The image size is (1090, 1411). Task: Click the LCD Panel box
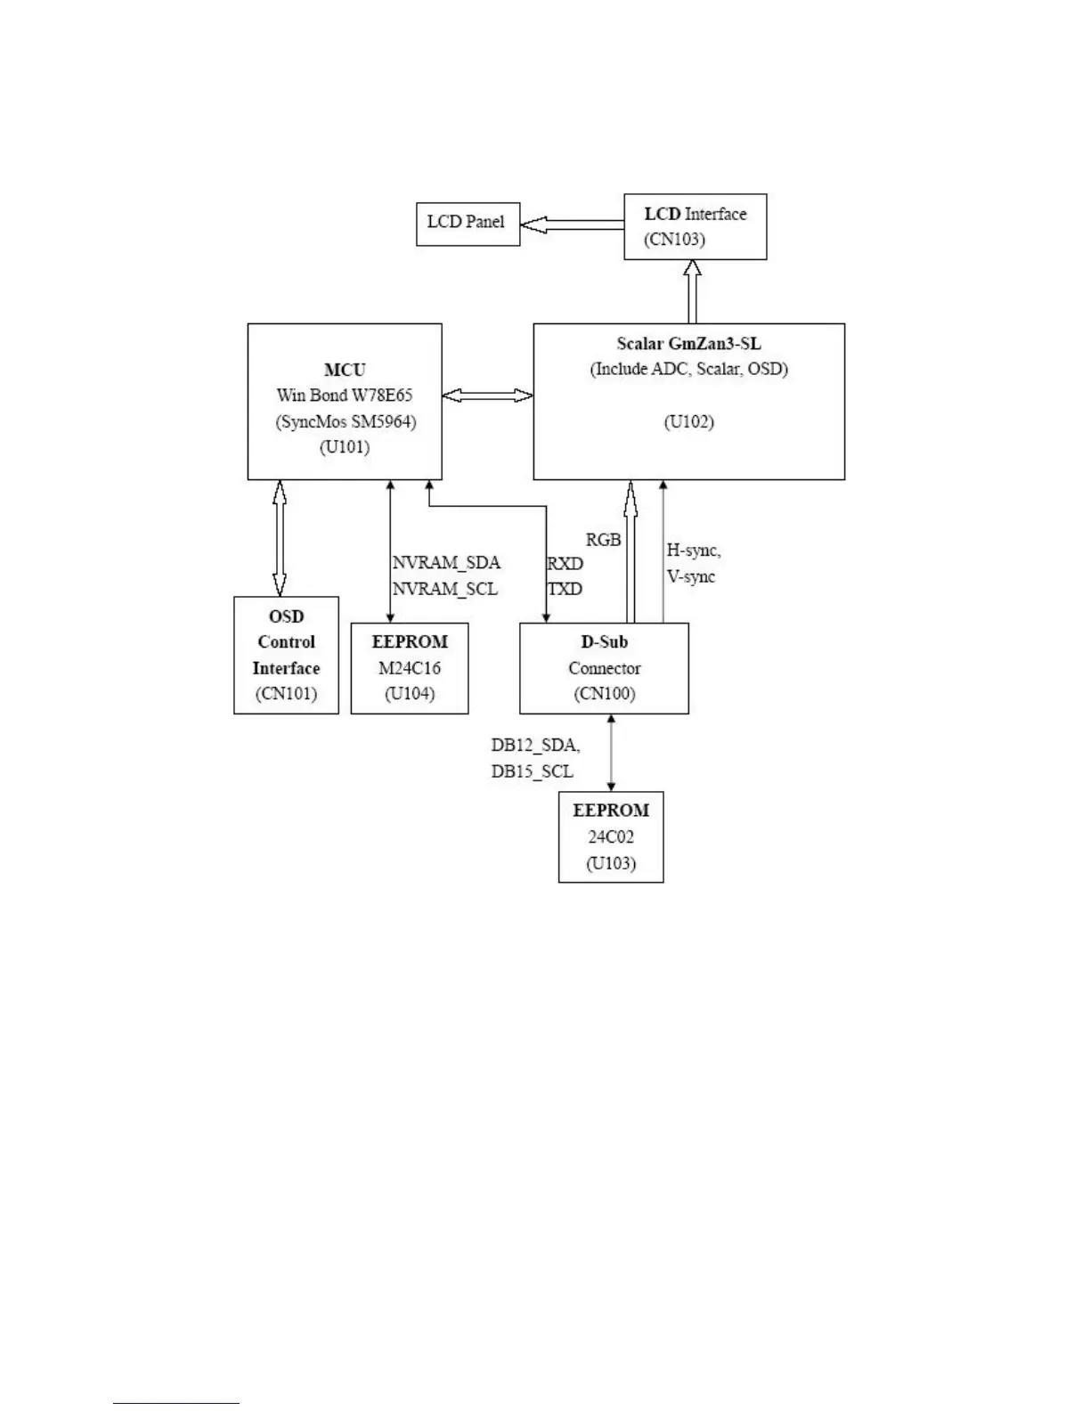point(468,224)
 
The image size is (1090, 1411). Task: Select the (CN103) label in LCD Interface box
point(674,240)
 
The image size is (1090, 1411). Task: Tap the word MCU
point(345,370)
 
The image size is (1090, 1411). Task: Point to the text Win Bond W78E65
point(345,396)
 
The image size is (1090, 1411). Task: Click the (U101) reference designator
point(345,447)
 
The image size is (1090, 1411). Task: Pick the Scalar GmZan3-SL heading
point(688,344)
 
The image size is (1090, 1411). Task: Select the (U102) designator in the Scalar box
point(688,421)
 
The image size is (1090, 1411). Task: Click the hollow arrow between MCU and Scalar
point(487,396)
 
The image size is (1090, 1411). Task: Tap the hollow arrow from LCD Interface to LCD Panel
point(571,225)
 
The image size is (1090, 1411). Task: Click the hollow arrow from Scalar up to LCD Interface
point(693,291)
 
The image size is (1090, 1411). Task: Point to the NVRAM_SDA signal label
point(446,563)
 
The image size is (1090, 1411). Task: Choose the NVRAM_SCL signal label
point(444,589)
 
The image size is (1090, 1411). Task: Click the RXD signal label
point(565,564)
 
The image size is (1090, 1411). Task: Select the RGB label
point(603,540)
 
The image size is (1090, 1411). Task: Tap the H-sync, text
point(694,551)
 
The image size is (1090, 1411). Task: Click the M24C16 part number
point(410,668)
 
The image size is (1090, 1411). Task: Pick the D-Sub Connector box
point(604,668)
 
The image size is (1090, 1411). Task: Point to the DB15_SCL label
point(532,771)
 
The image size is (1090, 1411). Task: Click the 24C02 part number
point(611,837)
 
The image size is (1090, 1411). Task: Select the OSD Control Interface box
point(286,655)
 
